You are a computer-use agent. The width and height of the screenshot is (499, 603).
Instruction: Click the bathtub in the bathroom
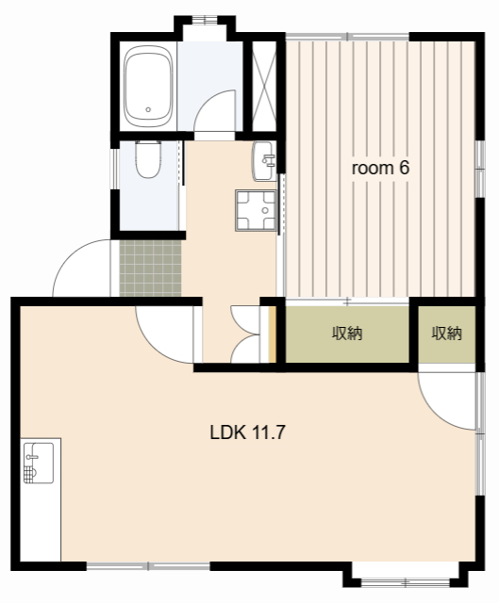point(148,87)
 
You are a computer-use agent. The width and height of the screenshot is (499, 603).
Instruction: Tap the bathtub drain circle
point(148,109)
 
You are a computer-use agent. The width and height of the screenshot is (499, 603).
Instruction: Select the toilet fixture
point(148,159)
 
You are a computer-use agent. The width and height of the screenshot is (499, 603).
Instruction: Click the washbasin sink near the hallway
point(264,161)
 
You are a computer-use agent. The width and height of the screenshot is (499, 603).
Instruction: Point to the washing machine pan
point(256,211)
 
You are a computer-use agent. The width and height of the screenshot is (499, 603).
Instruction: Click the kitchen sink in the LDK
point(39,463)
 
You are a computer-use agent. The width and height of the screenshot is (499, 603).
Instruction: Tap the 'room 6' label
point(380,168)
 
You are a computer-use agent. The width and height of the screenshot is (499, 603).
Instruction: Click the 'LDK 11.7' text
point(247,432)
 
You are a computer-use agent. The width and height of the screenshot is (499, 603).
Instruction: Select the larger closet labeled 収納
point(347,334)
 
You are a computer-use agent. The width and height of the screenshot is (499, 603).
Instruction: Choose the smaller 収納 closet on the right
point(446,334)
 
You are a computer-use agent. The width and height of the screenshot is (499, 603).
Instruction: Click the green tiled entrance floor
point(150,269)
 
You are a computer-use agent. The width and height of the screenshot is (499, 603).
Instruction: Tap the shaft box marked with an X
point(264,86)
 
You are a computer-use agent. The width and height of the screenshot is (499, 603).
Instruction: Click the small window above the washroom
point(205,19)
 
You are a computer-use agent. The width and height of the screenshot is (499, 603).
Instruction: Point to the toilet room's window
point(114,169)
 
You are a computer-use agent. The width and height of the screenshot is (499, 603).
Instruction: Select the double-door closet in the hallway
point(245,334)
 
